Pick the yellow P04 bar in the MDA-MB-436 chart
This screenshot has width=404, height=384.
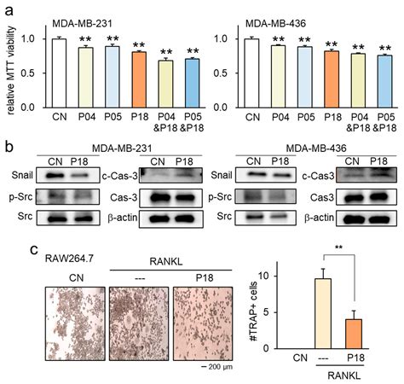point(278,76)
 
